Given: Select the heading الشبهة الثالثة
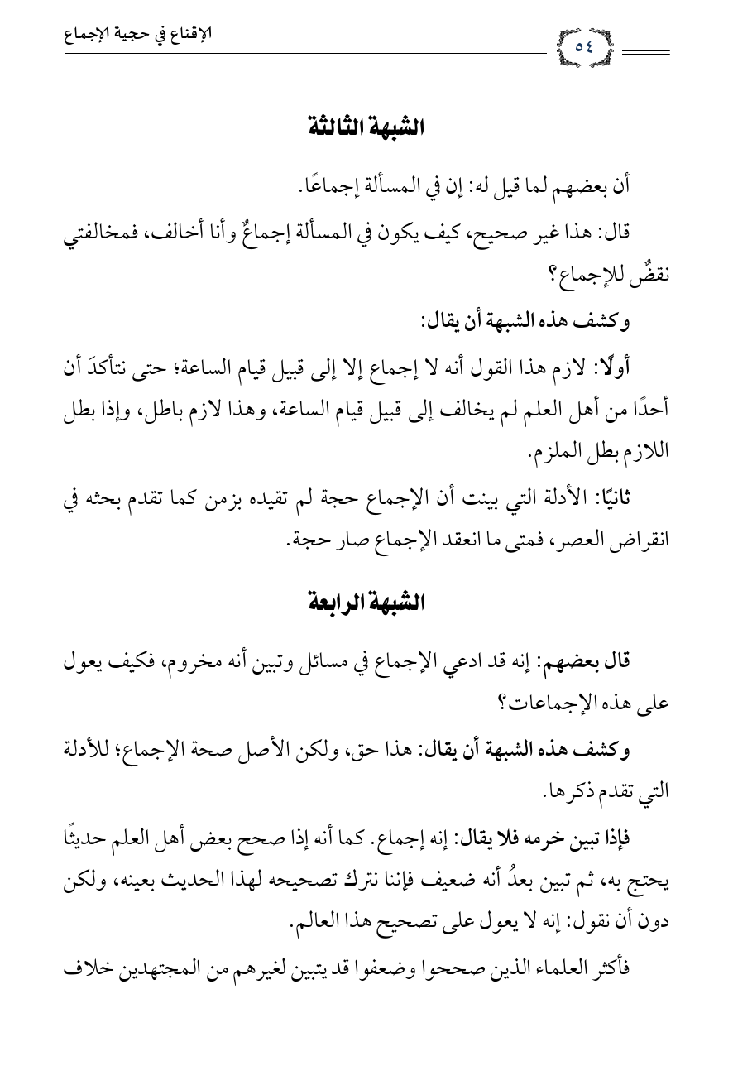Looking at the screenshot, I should coord(366,127).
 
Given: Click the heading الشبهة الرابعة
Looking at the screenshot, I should coord(366,603).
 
